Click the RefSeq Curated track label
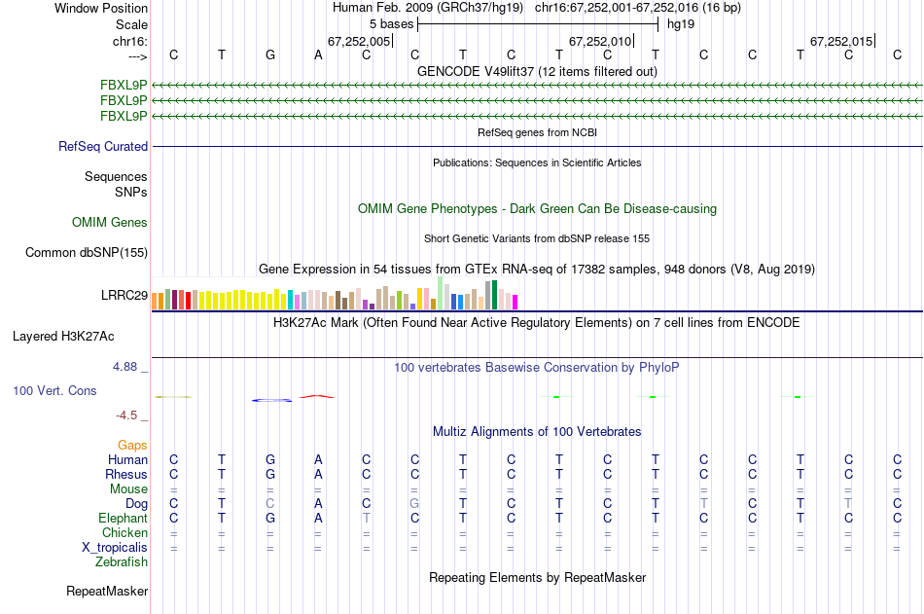pos(103,146)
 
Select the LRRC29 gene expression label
pos(124,296)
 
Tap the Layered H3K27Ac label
pos(63,337)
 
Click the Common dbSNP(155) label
pos(87,253)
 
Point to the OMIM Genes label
pos(110,223)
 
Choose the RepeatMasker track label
pos(107,591)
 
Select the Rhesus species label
pos(126,474)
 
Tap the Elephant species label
pos(124,518)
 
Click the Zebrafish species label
pos(122,561)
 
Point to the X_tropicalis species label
pos(115,547)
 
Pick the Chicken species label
pos(124,532)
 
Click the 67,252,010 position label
pos(600,41)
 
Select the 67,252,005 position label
pos(359,41)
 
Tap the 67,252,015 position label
pos(841,41)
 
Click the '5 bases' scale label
pos(390,22)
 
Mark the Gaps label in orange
pos(132,445)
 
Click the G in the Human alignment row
pos(270,459)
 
